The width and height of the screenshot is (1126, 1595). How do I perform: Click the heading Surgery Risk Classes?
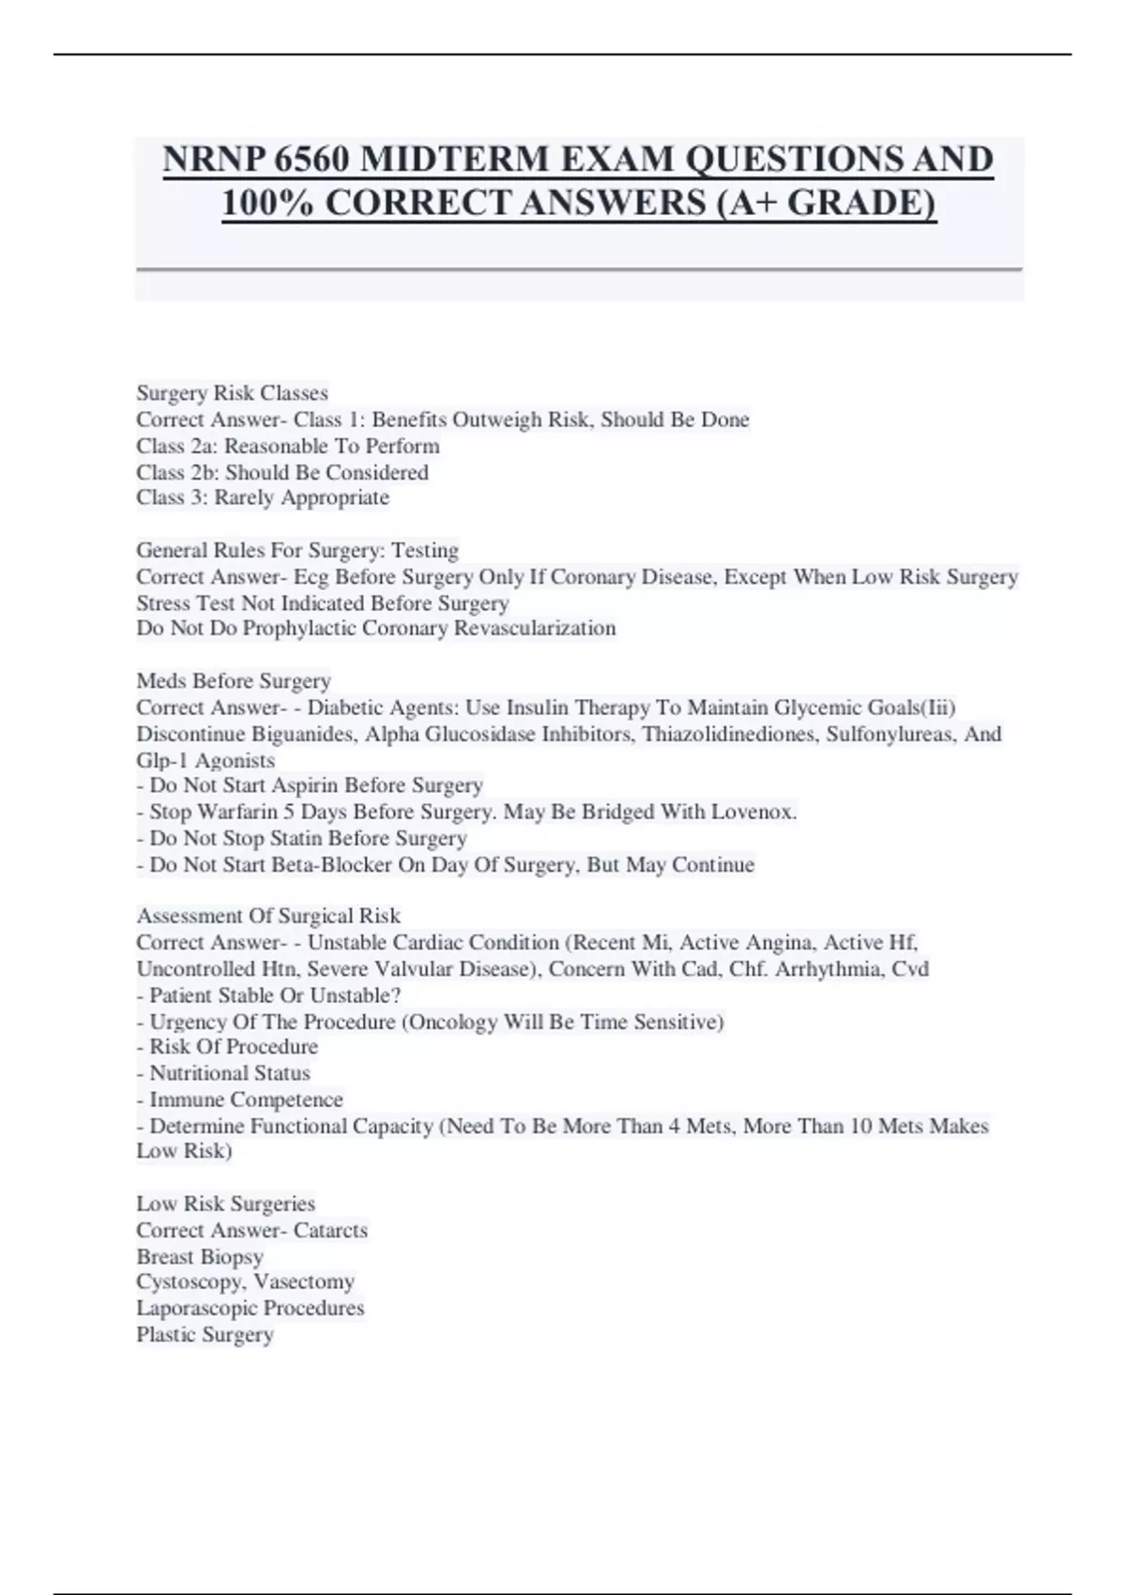pos(232,392)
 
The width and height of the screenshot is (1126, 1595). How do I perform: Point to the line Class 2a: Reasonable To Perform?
pos(287,446)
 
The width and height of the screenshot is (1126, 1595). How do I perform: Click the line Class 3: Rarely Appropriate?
pos(262,497)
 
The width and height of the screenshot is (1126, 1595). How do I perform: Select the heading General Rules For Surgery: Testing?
pos(297,550)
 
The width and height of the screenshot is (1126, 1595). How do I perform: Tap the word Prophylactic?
pos(299,628)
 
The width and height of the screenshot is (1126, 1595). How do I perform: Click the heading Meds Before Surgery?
pos(233,680)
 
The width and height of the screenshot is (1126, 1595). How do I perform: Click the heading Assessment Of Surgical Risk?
pos(267,916)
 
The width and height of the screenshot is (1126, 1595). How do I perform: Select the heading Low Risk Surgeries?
pos(225,1203)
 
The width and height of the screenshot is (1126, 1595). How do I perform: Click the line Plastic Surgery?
pos(205,1334)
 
